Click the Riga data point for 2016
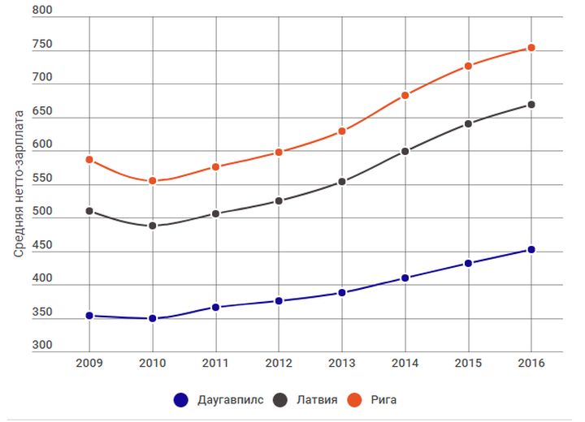(531, 48)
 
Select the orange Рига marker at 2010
(152, 181)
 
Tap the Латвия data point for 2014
(405, 151)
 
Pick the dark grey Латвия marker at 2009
(89, 211)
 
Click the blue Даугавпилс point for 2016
(531, 250)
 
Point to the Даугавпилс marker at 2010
(152, 319)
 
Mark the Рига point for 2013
(342, 131)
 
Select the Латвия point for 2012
(279, 200)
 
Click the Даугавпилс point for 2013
(342, 292)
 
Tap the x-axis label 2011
(215, 363)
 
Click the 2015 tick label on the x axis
(468, 363)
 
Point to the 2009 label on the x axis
(89, 363)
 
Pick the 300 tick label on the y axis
(42, 346)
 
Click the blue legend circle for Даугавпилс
(181, 399)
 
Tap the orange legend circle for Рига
(353, 399)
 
